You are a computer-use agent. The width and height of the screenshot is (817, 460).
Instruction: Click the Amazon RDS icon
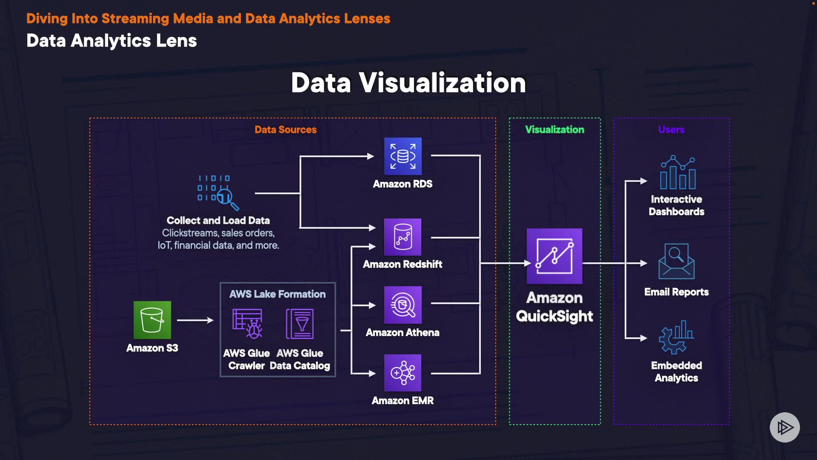pos(403,156)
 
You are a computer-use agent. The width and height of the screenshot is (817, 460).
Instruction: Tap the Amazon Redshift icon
pos(403,237)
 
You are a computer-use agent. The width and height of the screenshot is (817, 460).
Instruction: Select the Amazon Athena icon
pos(403,305)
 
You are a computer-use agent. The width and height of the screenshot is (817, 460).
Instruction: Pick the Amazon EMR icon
pos(403,373)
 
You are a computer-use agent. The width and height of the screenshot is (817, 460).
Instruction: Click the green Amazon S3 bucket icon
pos(152,320)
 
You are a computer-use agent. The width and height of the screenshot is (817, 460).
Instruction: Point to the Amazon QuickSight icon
pos(554,256)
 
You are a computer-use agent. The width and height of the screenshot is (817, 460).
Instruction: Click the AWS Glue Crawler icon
pos(247,324)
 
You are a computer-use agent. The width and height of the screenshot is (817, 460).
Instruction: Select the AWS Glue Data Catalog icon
pos(300,324)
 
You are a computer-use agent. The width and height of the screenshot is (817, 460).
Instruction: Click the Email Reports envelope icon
pos(677,261)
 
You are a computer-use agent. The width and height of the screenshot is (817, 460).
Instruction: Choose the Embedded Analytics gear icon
pos(676,337)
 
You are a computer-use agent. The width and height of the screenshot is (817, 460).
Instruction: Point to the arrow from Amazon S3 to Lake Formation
pos(195,320)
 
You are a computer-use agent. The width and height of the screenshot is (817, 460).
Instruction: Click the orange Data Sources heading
pos(286,129)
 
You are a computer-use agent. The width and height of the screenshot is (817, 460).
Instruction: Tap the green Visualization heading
pos(554,129)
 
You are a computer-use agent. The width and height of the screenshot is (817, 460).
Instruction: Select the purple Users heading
pos(671,129)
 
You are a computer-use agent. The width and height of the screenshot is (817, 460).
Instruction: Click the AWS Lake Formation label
pos(277,294)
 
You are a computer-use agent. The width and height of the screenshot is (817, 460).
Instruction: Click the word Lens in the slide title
pos(176,41)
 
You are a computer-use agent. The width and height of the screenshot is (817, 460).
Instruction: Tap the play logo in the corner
pos(785,427)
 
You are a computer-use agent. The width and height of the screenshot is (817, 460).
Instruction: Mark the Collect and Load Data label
pos(218,220)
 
